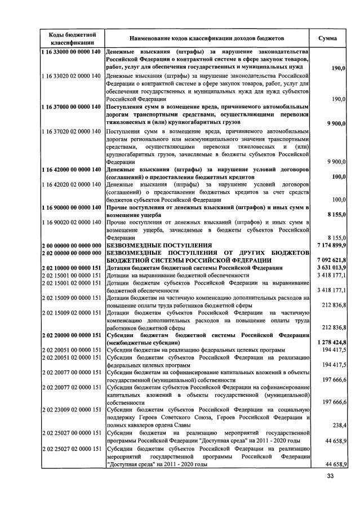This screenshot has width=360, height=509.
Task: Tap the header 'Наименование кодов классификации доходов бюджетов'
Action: coord(207,38)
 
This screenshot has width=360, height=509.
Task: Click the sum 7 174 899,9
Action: coord(329,246)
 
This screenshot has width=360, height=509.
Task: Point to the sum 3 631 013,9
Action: coord(329,268)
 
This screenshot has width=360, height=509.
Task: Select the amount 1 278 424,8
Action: coord(329,342)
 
